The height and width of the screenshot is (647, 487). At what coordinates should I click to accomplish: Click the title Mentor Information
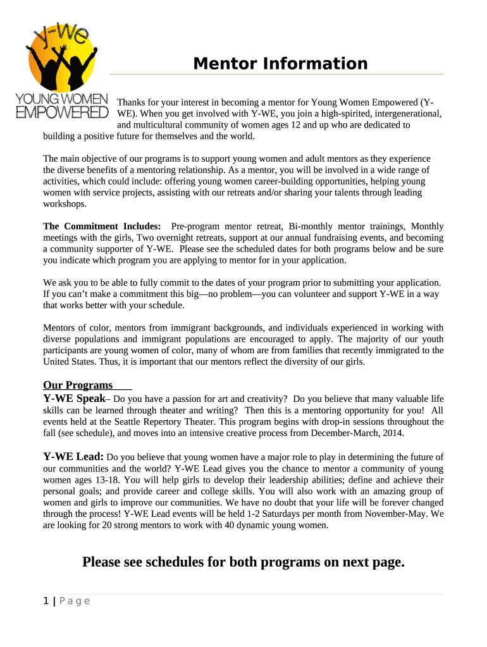coord(280,64)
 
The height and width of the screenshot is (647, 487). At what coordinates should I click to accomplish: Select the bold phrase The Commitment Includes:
coord(102,226)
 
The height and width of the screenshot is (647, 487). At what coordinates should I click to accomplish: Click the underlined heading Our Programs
coord(78,385)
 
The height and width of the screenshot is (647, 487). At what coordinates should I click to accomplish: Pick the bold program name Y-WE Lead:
coord(73,457)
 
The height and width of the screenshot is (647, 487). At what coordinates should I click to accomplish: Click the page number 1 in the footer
coord(46,601)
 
